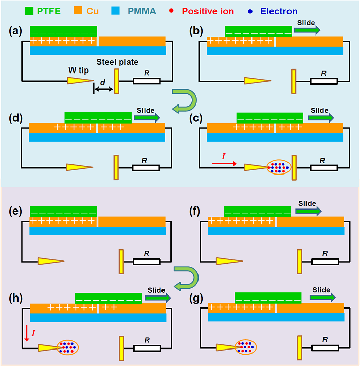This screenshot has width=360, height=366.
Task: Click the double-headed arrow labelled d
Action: pyautogui.click(x=103, y=90)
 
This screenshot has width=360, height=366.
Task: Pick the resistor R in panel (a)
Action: pyautogui.click(x=147, y=81)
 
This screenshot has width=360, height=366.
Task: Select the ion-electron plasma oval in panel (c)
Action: pyautogui.click(x=278, y=167)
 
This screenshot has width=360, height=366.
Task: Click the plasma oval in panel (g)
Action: pyautogui.click(x=245, y=347)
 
